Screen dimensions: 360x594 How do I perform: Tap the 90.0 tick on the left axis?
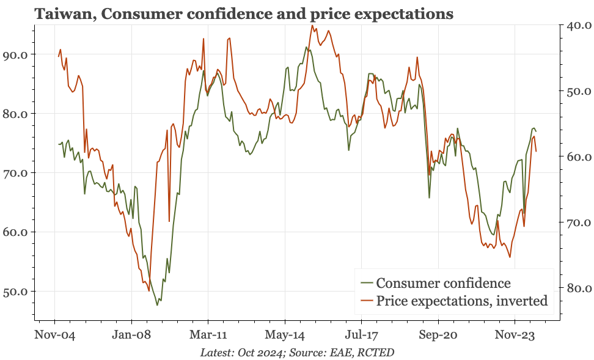(x=15, y=54)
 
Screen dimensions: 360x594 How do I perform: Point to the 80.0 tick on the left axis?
(x=15, y=114)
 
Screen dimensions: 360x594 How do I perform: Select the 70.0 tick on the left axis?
(x=15, y=173)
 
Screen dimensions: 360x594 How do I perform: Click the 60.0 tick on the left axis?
(x=15, y=232)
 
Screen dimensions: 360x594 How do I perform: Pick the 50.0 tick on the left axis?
(x=15, y=292)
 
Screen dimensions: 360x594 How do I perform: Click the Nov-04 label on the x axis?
(x=55, y=336)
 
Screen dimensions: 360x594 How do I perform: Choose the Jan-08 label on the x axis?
(x=131, y=336)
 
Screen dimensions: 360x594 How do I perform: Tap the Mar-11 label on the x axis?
(x=208, y=336)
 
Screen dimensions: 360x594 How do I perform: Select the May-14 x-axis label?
(x=285, y=336)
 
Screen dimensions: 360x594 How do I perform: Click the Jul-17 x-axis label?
(x=361, y=336)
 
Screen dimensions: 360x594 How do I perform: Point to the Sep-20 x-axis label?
(x=438, y=336)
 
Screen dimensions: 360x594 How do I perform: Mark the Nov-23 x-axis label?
(x=515, y=336)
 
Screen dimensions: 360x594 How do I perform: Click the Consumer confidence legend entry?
(x=443, y=283)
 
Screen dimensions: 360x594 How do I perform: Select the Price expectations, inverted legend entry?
(x=461, y=301)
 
